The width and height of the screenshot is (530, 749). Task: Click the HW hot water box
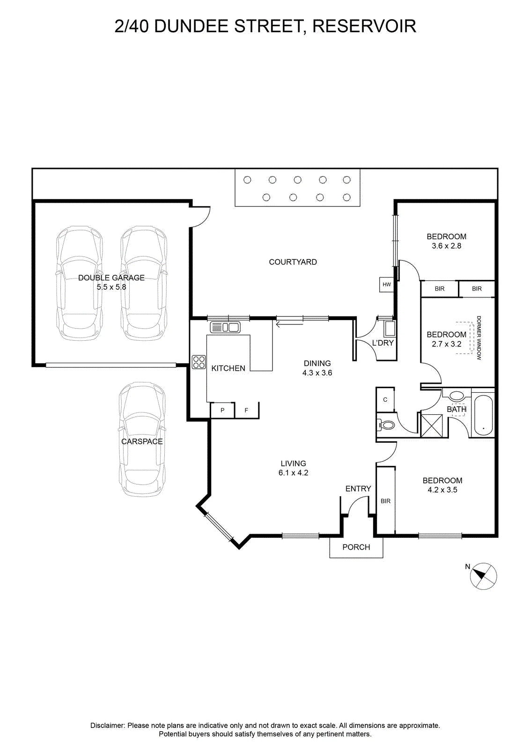coord(387,285)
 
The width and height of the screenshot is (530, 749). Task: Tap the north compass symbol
coord(483,576)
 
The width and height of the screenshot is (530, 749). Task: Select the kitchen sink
coord(225,327)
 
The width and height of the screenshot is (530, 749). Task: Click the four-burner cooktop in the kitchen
coord(199,362)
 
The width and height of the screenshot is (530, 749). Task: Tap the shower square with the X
coord(431,426)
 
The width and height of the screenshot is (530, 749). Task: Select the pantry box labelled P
coord(222,410)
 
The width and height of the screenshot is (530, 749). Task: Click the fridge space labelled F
coord(247,410)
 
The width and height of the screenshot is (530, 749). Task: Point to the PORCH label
coord(356,547)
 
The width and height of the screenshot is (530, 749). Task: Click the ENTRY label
coord(358,489)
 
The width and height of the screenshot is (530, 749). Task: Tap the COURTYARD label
coord(293,262)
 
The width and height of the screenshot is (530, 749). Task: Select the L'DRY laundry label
coord(383,343)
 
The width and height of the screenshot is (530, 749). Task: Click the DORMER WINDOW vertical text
coord(479,338)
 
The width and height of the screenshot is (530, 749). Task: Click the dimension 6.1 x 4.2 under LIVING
coord(293,473)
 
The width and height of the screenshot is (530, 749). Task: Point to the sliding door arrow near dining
coord(289,323)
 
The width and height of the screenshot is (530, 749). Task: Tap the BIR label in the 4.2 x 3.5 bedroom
coord(385,501)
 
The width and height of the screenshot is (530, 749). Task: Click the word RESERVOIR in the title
coord(364,26)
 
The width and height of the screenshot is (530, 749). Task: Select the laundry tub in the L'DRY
coord(389,329)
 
